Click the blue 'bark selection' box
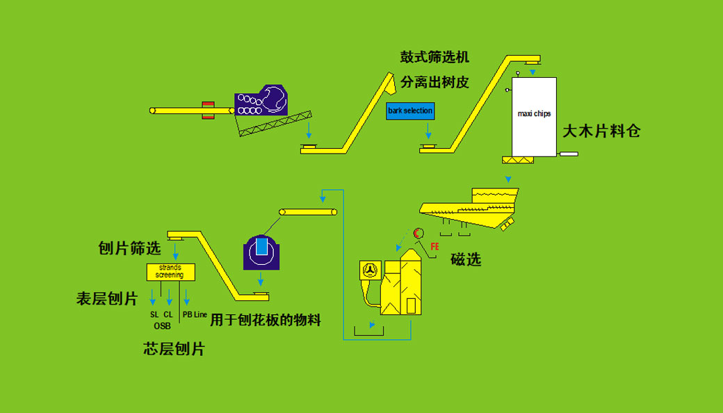pyautogui.click(x=410, y=111)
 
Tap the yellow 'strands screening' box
pyautogui.click(x=170, y=271)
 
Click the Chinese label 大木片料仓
pyautogui.click(x=601, y=131)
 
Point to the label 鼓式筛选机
pyautogui.click(x=434, y=58)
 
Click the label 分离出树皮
pyautogui.click(x=434, y=82)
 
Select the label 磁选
pyautogui.click(x=466, y=260)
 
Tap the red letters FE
pyautogui.click(x=435, y=247)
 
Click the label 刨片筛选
pyautogui.click(x=130, y=248)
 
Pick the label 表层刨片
pyautogui.click(x=107, y=299)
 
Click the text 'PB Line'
pyautogui.click(x=195, y=315)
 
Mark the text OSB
pyautogui.click(x=162, y=325)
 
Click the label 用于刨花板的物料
pyautogui.click(x=266, y=321)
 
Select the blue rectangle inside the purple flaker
pyautogui.click(x=261, y=247)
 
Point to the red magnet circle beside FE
pyautogui.click(x=419, y=233)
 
